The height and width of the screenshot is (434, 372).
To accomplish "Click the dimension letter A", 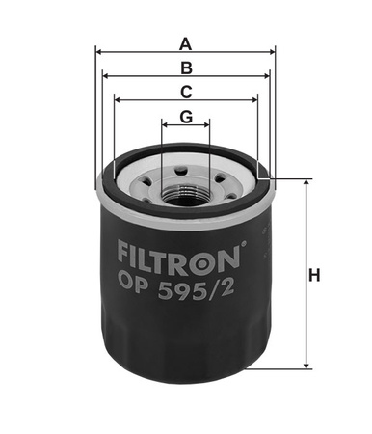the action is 186,44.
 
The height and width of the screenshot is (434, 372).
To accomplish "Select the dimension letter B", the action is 186,68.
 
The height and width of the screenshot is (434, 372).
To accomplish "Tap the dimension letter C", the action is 186,93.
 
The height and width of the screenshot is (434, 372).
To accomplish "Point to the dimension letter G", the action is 186,117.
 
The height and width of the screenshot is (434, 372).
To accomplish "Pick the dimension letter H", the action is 314,276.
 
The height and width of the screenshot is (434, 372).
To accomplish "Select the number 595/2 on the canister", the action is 196,290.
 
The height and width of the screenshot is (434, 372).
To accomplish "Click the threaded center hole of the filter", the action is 186,199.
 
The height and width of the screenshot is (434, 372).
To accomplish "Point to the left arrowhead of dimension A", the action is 99,52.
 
